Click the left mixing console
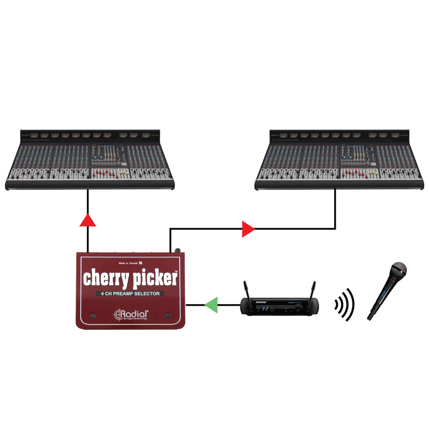(x=90, y=160)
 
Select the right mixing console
(x=338, y=160)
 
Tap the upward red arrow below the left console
(x=87, y=219)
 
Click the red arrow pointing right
(x=248, y=230)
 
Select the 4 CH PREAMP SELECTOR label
(x=130, y=294)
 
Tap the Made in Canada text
(x=130, y=263)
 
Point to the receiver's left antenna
(x=246, y=290)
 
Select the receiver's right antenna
(x=312, y=290)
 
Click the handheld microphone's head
(x=398, y=270)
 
